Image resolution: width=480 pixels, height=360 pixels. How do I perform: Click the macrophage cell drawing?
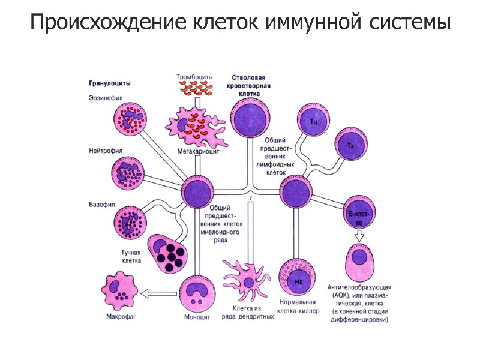(x=122, y=292)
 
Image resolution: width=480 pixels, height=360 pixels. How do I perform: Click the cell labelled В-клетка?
(x=358, y=211)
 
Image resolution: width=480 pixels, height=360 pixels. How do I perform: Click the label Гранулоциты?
(x=110, y=83)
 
